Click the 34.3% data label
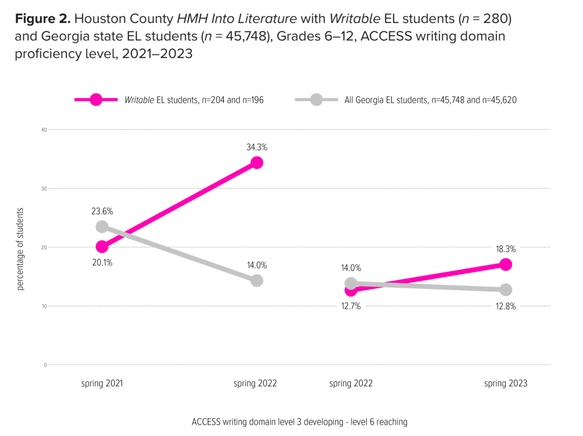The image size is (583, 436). [257, 147]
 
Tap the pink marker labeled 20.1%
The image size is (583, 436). [102, 247]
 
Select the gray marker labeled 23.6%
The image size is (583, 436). [102, 227]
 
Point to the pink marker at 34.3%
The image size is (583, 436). [257, 163]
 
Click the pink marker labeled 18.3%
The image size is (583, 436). [506, 265]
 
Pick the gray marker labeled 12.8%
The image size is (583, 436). [506, 290]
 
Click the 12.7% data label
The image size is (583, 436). [351, 306]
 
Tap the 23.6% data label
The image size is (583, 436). [102, 211]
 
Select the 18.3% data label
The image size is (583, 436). [506, 249]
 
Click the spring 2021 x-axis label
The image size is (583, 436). [102, 383]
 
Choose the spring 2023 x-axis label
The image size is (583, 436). [506, 383]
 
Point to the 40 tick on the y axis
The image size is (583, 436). [44, 130]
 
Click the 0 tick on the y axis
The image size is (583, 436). [45, 365]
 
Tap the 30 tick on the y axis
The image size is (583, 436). [44, 188]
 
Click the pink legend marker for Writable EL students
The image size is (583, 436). [96, 100]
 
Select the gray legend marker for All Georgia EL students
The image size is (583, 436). [316, 100]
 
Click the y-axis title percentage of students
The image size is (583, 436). [20, 249]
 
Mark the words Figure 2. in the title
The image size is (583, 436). [43, 19]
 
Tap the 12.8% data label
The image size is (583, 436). [506, 306]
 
